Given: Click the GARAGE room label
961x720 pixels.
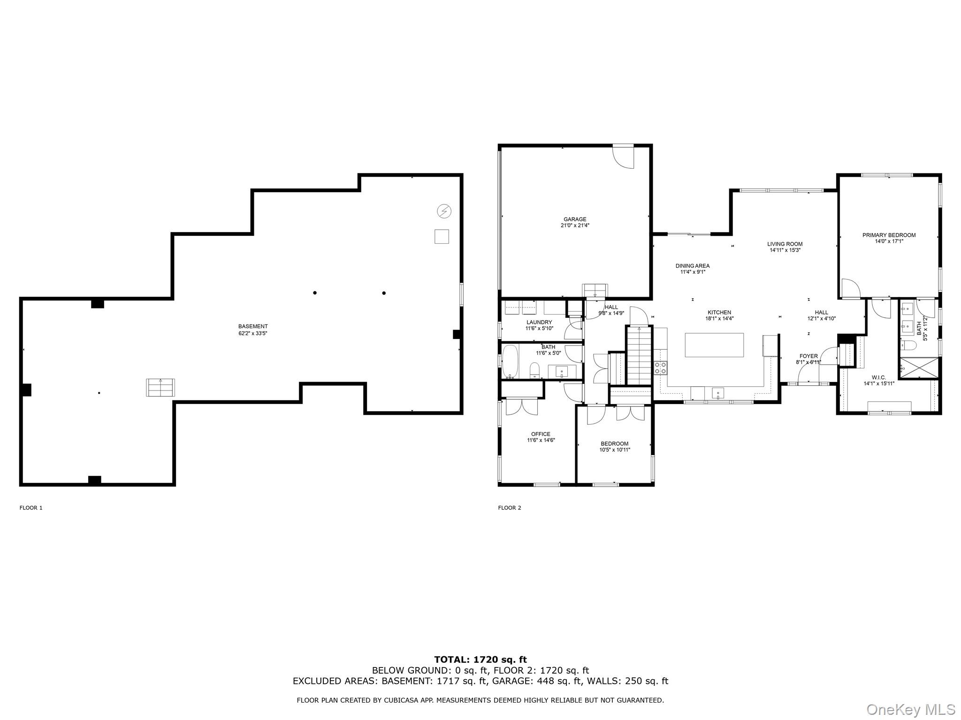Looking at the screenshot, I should point(575,219).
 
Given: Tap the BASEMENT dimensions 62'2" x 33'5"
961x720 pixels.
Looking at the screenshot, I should point(253,334).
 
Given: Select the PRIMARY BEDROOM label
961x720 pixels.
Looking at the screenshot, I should point(889,235).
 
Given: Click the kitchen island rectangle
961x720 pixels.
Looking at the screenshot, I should point(714,345).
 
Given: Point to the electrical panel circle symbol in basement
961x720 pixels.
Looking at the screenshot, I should point(444,211).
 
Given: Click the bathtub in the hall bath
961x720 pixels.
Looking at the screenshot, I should point(510,362).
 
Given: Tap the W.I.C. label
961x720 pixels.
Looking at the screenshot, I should point(879,377).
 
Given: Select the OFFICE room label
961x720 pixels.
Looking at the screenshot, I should point(541,434).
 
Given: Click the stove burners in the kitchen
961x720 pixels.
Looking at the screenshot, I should point(661,367).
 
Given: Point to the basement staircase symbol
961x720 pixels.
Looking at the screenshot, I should point(160,388).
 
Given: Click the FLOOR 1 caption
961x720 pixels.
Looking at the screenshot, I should point(31,508).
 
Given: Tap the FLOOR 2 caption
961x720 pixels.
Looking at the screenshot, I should point(510,508).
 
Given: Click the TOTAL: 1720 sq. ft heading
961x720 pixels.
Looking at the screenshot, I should point(480,660).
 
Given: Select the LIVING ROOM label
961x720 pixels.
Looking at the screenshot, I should point(785,244).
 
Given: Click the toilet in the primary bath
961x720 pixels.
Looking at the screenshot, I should point(909,345).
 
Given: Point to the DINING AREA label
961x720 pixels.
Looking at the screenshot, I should point(692,266).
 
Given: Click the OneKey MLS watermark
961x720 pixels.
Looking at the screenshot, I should point(911,710).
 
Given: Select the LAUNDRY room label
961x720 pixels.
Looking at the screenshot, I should point(539,322).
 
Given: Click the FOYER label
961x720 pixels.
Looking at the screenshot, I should point(808,356).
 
